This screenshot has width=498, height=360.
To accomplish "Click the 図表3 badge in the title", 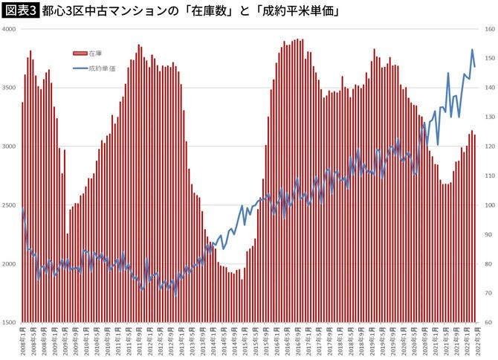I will click(20, 10).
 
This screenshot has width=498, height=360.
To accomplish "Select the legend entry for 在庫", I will click(88, 54).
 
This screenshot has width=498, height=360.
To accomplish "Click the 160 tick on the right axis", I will click(488, 29).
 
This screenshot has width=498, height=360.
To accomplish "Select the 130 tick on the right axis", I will click(488, 117).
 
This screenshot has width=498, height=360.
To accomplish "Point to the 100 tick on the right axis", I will click(488, 205).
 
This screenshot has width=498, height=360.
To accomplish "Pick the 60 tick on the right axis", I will click(488, 323).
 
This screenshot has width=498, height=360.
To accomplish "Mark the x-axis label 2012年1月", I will click(149, 341).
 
